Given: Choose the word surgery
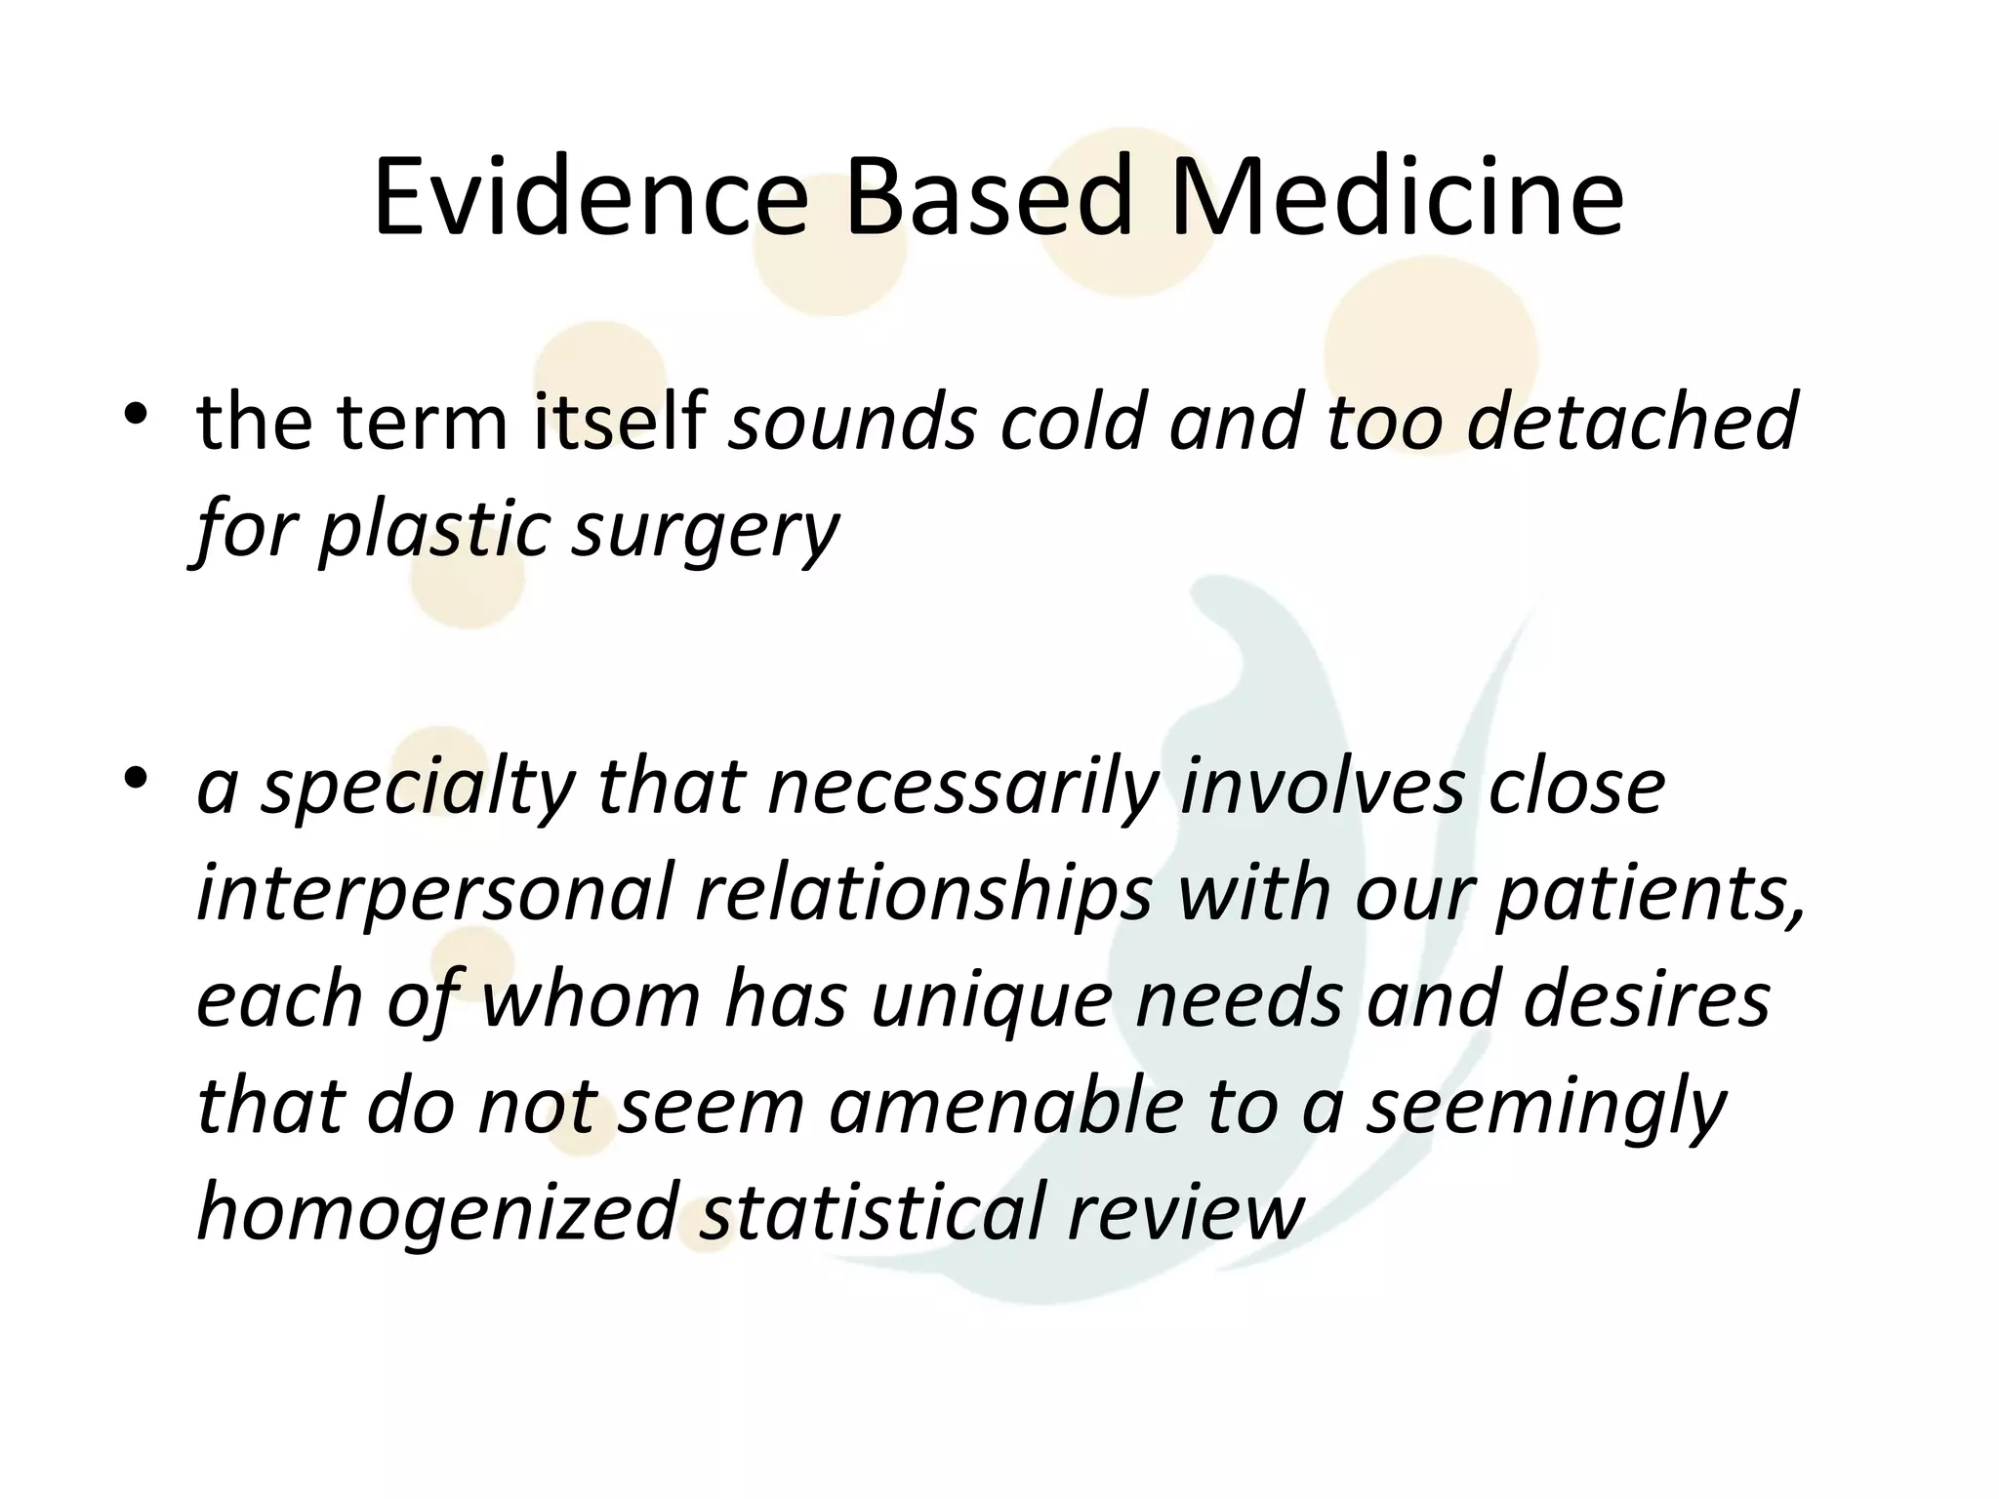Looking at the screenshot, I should click(705, 529).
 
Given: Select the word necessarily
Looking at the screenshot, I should click(964, 788).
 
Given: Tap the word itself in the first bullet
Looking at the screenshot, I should click(620, 422).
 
